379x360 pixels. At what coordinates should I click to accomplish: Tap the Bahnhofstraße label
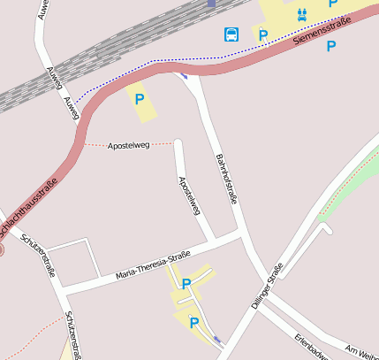coord(226,177)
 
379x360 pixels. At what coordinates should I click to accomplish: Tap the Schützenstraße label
coord(79,337)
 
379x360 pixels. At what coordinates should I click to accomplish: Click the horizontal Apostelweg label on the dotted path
coord(129,144)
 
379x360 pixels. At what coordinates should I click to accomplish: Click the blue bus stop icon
coord(231,34)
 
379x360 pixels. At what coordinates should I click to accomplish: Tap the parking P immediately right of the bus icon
coord(262,35)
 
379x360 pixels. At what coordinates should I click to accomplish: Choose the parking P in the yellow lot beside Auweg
coord(139,99)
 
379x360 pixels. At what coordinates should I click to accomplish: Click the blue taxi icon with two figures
coord(301,13)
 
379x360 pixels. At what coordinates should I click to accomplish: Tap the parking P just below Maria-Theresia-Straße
coord(186,284)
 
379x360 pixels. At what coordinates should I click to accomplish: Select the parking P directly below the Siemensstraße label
coord(330,46)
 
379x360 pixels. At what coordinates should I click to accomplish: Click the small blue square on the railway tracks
coord(211,3)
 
